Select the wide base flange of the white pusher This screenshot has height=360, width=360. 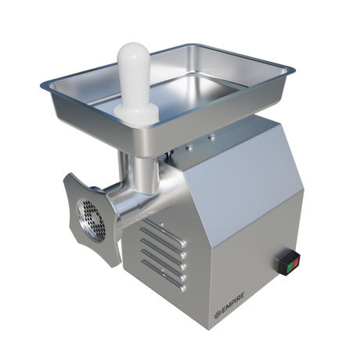[136, 115]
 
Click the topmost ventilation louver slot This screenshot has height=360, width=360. [164, 232]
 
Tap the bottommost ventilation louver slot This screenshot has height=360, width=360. [164, 275]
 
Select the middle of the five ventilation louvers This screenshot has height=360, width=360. [164, 254]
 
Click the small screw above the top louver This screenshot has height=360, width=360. [161, 225]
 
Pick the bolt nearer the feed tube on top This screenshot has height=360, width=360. [189, 147]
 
